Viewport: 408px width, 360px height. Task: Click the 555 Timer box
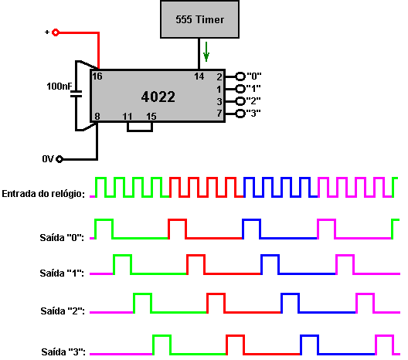199,19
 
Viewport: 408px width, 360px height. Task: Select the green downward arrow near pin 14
206,52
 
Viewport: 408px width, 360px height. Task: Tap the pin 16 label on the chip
97,76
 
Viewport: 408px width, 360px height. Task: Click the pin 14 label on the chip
199,76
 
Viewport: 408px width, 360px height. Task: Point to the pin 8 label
97,117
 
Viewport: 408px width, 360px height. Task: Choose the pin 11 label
127,117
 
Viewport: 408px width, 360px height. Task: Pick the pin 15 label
151,117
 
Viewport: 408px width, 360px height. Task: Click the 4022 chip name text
158,97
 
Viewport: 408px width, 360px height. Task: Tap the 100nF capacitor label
59,86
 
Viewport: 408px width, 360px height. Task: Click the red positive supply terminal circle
56,32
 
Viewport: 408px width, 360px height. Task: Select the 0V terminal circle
59,159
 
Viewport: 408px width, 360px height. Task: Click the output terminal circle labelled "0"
240,76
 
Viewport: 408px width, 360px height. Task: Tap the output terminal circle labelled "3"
240,114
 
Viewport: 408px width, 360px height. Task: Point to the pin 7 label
219,113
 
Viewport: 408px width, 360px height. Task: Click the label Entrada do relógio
43,194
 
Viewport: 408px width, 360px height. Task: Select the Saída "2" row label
63,311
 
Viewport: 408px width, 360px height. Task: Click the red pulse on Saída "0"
178,220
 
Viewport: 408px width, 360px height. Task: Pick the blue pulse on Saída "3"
310,336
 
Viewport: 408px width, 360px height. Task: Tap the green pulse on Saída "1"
123,256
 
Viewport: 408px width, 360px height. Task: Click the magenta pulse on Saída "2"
365,294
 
